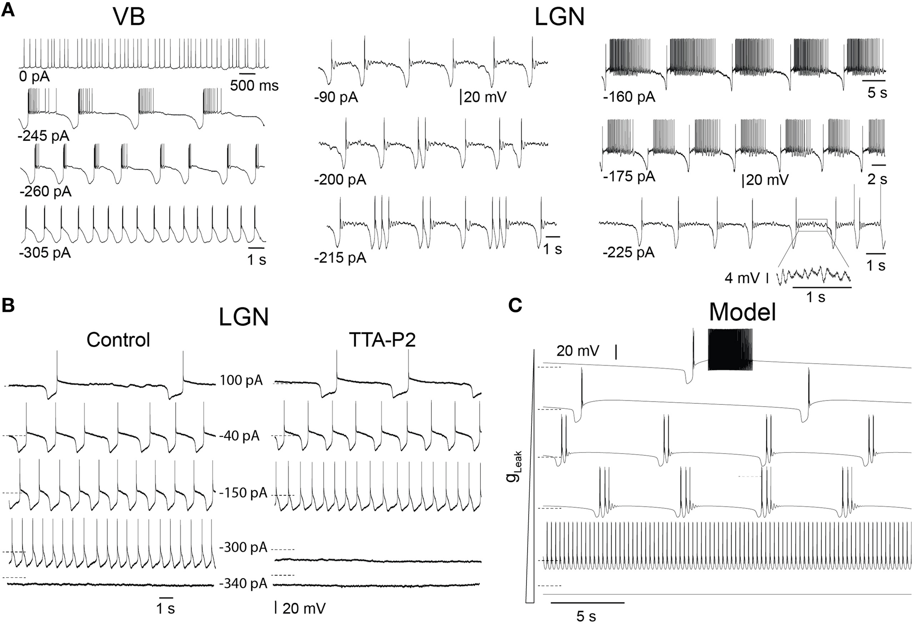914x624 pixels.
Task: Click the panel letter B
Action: pos(9,305)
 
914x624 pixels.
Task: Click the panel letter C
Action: pos(515,305)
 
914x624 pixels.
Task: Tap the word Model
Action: pos(742,313)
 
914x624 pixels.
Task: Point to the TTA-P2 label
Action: pos(382,340)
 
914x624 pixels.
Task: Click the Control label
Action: pos(118,339)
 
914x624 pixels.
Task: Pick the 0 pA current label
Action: pos(34,76)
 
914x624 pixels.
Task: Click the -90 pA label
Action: pos(336,97)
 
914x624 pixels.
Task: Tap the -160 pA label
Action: pos(629,97)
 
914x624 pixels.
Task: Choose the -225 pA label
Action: pos(628,252)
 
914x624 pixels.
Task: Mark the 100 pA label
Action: pos(241,380)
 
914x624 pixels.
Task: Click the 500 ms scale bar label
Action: pos(254,85)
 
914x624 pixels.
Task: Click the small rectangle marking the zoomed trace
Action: pos(812,225)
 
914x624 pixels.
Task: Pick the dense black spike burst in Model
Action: pos(730,350)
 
